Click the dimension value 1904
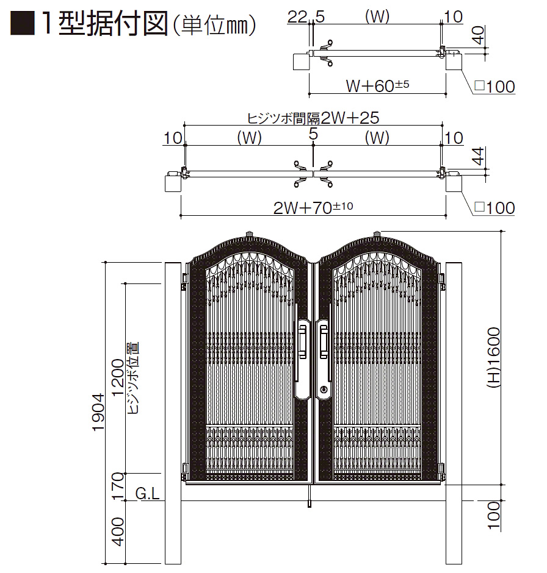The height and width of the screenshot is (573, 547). click(x=98, y=412)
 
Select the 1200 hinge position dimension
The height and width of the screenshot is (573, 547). click(x=118, y=377)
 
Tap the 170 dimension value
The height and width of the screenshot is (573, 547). click(x=118, y=486)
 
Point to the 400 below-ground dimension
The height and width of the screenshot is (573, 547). click(x=118, y=532)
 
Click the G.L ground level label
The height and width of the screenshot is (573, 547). click(x=148, y=494)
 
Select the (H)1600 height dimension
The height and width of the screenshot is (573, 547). click(x=493, y=358)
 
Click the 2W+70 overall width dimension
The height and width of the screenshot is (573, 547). click(x=313, y=208)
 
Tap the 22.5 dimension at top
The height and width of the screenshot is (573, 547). click(x=306, y=17)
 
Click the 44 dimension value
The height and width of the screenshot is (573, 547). click(x=477, y=156)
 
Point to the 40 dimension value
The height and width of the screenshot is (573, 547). click(x=478, y=35)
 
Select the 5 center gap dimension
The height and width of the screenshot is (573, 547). click(x=313, y=134)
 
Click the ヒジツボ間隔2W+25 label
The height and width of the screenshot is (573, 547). click(x=313, y=118)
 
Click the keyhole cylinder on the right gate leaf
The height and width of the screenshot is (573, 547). click(x=324, y=390)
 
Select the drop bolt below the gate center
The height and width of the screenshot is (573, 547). click(x=310, y=497)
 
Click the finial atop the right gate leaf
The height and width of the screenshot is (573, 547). click(x=377, y=233)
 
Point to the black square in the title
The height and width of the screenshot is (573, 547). click(x=23, y=23)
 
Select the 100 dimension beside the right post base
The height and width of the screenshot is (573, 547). click(x=493, y=515)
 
